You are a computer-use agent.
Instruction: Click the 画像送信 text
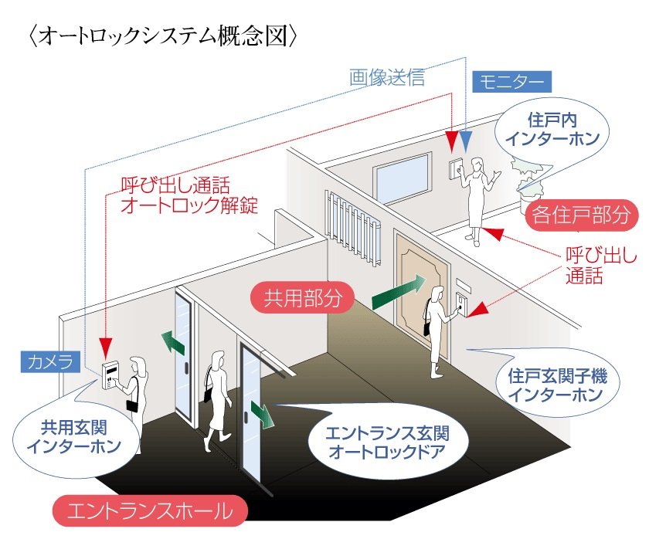(x=387, y=77)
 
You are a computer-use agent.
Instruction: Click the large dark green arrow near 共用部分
(x=398, y=292)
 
